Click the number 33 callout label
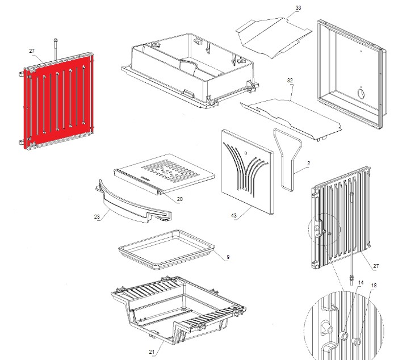click(x=299, y=8)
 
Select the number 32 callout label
click(x=290, y=81)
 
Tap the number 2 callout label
click(x=308, y=164)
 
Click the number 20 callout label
click(x=179, y=199)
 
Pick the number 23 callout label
click(x=96, y=216)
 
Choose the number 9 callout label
click(x=228, y=258)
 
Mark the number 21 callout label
click(x=152, y=352)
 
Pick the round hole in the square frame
click(x=362, y=92)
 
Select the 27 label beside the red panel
click(x=32, y=51)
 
